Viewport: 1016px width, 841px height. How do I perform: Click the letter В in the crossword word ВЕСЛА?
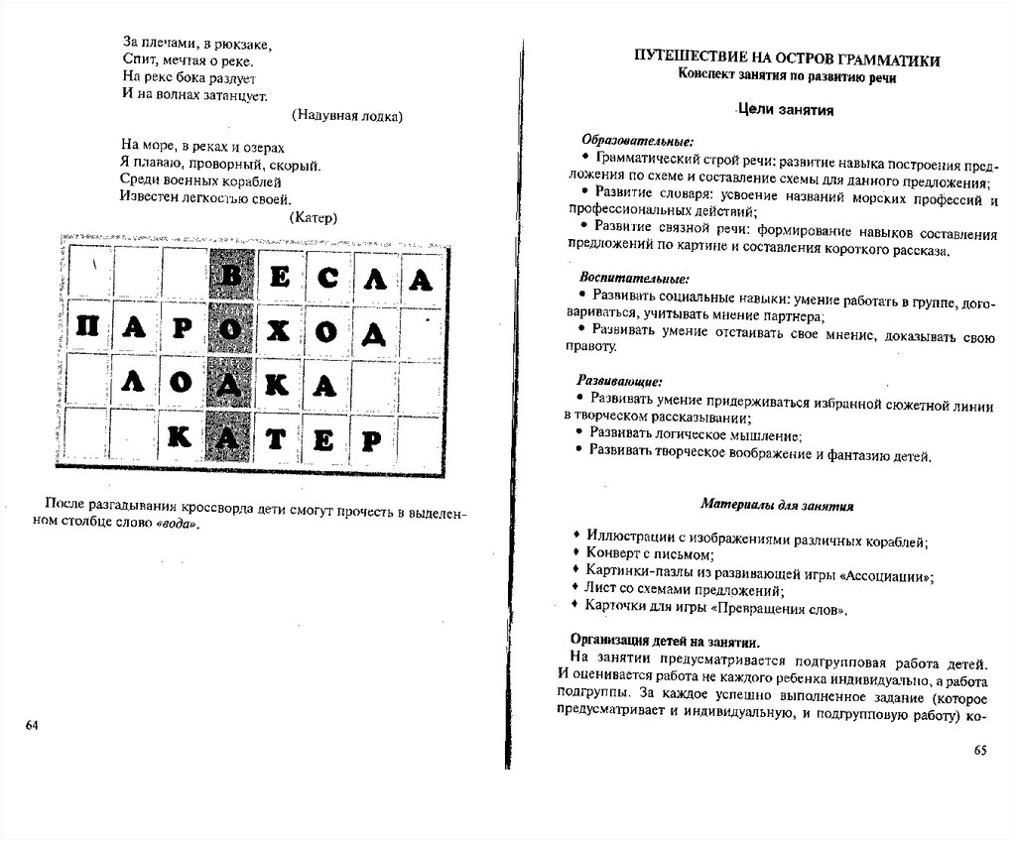coord(231,279)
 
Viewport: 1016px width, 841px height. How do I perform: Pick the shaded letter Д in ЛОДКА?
coord(231,382)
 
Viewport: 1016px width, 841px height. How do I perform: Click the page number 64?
coord(31,726)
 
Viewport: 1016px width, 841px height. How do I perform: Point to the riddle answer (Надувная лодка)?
coord(345,116)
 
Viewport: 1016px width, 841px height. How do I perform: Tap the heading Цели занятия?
coord(784,110)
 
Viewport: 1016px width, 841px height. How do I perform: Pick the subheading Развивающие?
coord(621,381)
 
